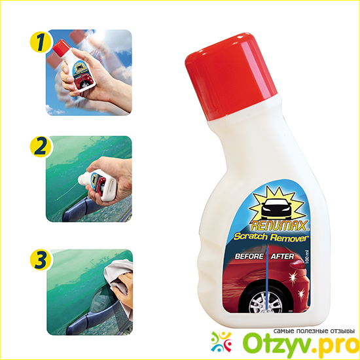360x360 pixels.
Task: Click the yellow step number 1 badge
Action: (41, 42)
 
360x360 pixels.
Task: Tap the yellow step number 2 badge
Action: (41, 147)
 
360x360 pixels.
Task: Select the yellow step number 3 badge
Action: (41, 260)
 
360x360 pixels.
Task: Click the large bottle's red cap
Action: (231, 77)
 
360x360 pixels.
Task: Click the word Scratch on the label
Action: (251, 236)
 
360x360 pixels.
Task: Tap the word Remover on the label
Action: (289, 238)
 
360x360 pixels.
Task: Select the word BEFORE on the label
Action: (249, 256)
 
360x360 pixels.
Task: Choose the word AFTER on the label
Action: (282, 256)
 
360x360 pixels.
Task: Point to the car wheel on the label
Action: (266, 302)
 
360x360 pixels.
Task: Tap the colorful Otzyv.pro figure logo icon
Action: (221, 342)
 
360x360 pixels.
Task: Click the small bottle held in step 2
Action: (98, 185)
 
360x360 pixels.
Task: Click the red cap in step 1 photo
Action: (62, 48)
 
